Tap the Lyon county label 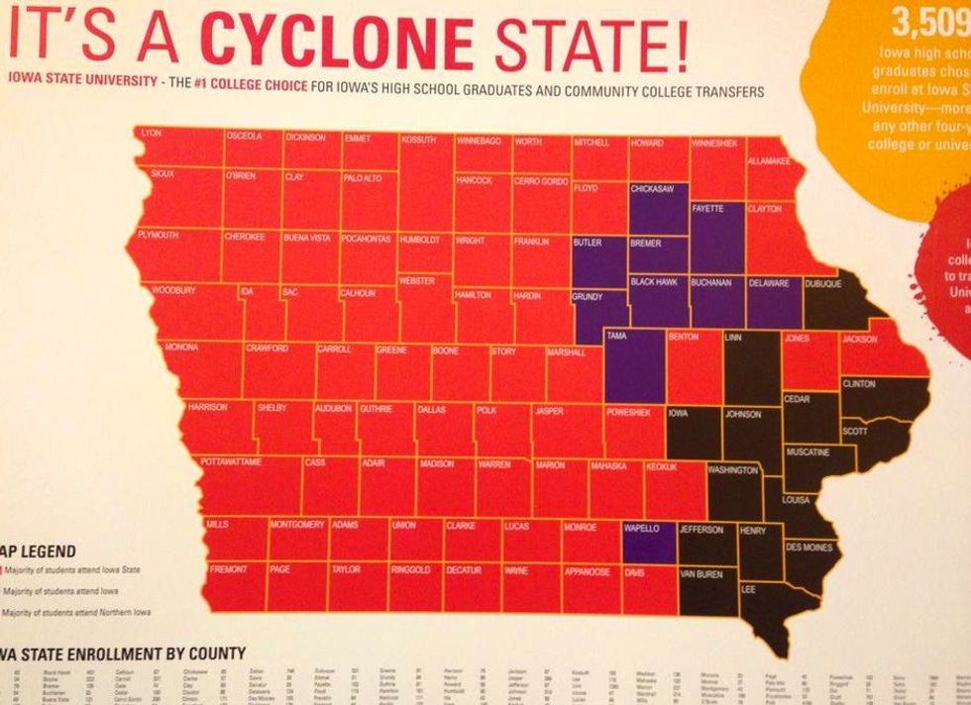pyautogui.click(x=151, y=133)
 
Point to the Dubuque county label pyautogui.click(x=822, y=284)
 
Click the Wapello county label pyautogui.click(x=642, y=529)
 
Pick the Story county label pyautogui.click(x=503, y=351)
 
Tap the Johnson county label pyautogui.click(x=742, y=414)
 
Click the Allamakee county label pyautogui.click(x=769, y=160)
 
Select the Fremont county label pyautogui.click(x=227, y=570)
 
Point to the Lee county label pyautogui.click(x=749, y=588)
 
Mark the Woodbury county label pyautogui.click(x=173, y=291)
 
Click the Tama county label pyautogui.click(x=615, y=337)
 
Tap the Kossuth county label pyautogui.click(x=418, y=141)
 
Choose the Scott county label pyautogui.click(x=854, y=432)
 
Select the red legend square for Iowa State pyautogui.click(x=3, y=570)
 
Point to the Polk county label pyautogui.click(x=485, y=409)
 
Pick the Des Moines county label pyautogui.click(x=809, y=547)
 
